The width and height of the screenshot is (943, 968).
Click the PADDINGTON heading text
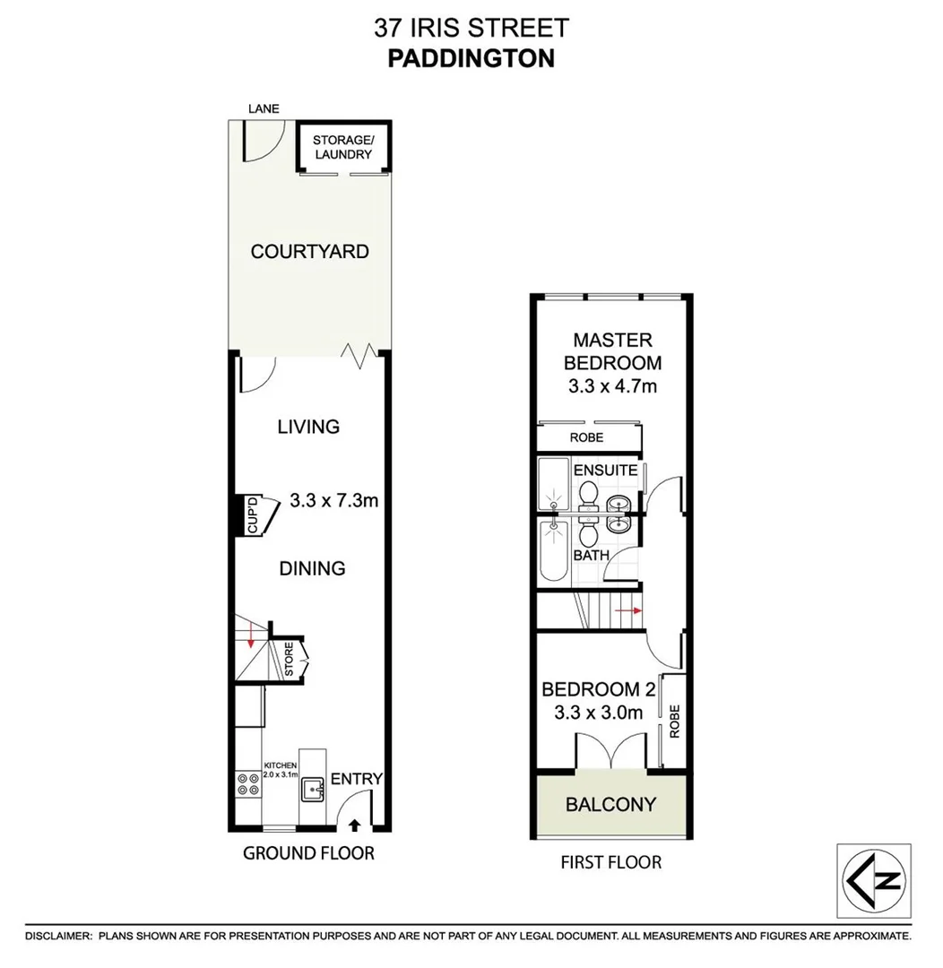click(471, 58)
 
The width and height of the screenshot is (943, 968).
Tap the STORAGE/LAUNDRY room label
click(342, 147)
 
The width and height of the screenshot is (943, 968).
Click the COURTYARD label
click(309, 252)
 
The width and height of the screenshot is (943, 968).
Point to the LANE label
click(264, 108)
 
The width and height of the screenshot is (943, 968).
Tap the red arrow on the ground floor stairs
click(251, 638)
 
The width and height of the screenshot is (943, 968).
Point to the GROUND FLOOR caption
click(308, 853)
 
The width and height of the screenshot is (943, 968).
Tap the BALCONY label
click(610, 804)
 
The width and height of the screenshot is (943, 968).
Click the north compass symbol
click(873, 880)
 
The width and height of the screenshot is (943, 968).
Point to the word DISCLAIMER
click(58, 936)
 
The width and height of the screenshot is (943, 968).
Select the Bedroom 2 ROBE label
click(674, 721)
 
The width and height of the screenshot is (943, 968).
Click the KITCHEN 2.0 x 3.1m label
click(280, 770)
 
